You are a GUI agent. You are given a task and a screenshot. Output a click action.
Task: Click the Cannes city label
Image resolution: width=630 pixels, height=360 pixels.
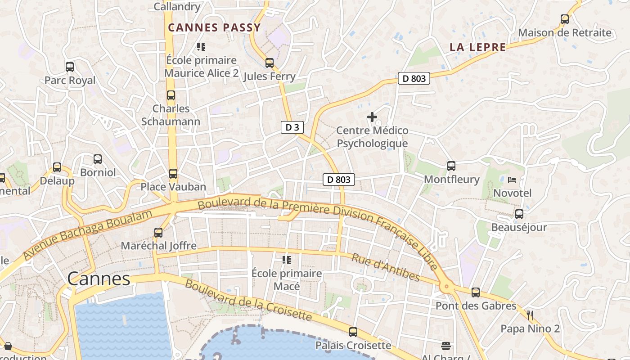point(99,279)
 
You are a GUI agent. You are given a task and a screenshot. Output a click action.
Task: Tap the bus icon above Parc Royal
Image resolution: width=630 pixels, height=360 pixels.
point(70,67)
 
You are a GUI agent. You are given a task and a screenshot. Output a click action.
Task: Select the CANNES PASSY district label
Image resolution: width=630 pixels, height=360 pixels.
point(214,27)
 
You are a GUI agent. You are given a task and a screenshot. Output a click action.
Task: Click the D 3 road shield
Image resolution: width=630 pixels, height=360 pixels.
point(292,127)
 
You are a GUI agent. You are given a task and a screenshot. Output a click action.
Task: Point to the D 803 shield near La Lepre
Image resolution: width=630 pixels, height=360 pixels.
point(414,78)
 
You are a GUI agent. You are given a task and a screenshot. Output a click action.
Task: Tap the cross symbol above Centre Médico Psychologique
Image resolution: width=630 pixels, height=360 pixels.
point(372,117)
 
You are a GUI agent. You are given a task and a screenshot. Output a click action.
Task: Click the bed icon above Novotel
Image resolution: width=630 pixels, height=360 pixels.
point(512,180)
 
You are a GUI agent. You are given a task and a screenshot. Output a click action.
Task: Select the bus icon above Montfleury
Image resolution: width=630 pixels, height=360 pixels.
point(451,166)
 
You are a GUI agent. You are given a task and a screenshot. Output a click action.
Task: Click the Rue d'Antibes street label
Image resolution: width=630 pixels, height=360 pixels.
point(385,267)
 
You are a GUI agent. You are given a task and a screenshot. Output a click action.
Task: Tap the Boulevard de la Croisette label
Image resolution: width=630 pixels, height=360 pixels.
point(248,300)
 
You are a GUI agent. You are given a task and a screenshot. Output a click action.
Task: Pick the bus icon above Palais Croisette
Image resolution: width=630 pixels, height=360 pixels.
point(353,332)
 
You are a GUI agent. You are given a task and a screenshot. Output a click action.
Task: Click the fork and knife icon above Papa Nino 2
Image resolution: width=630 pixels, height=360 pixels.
point(530,315)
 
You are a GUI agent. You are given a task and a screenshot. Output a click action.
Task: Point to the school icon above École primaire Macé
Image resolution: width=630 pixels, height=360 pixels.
point(286,260)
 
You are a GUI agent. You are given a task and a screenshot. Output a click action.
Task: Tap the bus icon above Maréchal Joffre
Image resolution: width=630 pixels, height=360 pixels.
point(158,233)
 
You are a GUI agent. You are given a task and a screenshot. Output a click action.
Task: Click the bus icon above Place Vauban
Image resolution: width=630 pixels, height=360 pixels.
point(173,173)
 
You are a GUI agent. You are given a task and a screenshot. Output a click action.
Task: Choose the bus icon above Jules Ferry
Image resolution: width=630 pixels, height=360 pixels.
point(270,63)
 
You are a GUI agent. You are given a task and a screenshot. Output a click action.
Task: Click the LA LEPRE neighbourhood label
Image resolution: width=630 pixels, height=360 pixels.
point(477,47)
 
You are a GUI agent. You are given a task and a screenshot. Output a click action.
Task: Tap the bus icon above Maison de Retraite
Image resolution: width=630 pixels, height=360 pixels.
point(565,19)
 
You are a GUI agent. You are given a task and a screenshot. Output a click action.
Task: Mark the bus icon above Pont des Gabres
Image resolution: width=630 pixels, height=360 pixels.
point(476,292)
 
